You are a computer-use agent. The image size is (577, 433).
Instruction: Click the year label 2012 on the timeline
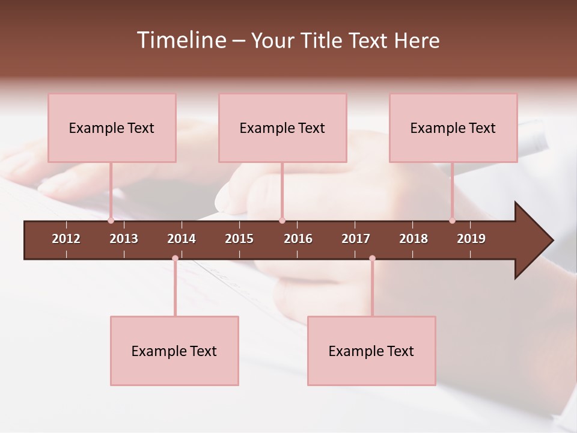pyautogui.click(x=66, y=239)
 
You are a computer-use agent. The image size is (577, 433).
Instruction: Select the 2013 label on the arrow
pyautogui.click(x=124, y=239)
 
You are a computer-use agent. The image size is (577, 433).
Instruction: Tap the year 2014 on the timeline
pyautogui.click(x=182, y=239)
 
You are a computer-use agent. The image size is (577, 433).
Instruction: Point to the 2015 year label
pyautogui.click(x=239, y=239)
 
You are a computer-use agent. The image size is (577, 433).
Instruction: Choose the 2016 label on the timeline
pyautogui.click(x=298, y=239)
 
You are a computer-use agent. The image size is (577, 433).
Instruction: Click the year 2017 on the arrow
pyautogui.click(x=356, y=239)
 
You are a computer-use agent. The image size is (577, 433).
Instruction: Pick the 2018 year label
pyautogui.click(x=414, y=239)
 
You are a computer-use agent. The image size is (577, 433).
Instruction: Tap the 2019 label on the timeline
pyautogui.click(x=471, y=239)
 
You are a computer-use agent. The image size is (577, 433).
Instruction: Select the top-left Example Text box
pyautogui.click(x=112, y=128)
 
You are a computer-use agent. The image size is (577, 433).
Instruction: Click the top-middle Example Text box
pyautogui.click(x=282, y=128)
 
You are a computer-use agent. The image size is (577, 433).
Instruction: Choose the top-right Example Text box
pyautogui.click(x=453, y=128)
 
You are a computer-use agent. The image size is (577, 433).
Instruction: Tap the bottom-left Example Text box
pyautogui.click(x=174, y=351)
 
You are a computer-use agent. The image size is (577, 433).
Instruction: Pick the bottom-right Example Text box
pyautogui.click(x=371, y=351)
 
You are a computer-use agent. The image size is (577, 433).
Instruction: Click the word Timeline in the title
pyautogui.click(x=180, y=40)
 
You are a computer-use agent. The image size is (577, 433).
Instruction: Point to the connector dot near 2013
pyautogui.click(x=111, y=221)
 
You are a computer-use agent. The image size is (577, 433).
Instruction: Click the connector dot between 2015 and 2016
pyautogui.click(x=282, y=221)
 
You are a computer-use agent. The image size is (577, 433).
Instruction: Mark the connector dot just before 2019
pyautogui.click(x=452, y=221)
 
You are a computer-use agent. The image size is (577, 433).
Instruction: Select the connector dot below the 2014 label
pyautogui.click(x=175, y=259)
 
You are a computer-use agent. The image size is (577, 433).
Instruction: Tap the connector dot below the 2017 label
pyautogui.click(x=372, y=259)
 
